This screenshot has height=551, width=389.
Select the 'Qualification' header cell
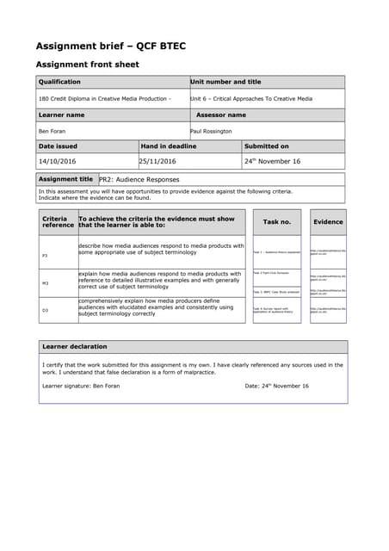click(x=59, y=82)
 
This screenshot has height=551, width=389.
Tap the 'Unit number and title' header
click(x=225, y=82)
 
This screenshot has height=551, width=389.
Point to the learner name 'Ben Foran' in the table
click(x=52, y=131)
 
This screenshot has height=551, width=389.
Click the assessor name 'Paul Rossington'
click(x=211, y=131)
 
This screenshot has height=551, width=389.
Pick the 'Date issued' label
click(x=58, y=146)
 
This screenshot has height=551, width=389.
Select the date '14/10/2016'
click(x=58, y=161)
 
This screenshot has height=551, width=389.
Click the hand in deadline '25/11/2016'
click(x=158, y=161)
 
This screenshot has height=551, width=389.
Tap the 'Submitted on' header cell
click(x=268, y=146)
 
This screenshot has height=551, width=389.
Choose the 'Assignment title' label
click(x=66, y=179)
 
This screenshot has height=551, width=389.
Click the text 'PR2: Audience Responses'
click(x=139, y=180)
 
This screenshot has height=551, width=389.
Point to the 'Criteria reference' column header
click(x=59, y=222)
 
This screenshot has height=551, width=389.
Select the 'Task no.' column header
click(x=277, y=222)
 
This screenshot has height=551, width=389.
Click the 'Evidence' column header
click(x=328, y=222)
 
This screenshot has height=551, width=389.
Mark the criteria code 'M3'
click(x=46, y=282)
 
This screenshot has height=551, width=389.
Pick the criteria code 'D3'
click(x=46, y=310)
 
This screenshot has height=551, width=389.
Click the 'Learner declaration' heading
click(x=75, y=346)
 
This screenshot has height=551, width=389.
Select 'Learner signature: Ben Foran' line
click(x=81, y=386)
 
